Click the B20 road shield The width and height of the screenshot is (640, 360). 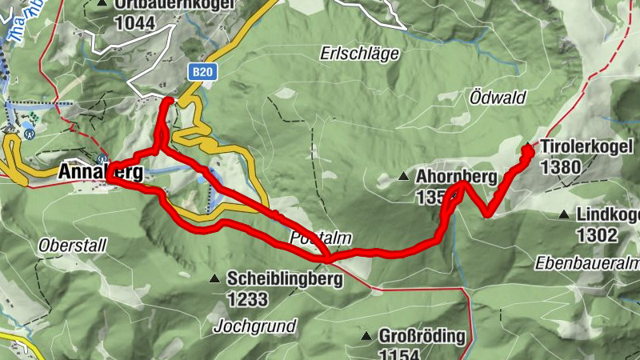[202, 72]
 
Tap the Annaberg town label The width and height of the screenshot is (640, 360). [101, 173]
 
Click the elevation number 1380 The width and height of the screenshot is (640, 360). [560, 166]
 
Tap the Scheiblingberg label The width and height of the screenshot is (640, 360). [285, 279]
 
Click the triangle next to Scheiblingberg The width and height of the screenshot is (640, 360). [214, 278]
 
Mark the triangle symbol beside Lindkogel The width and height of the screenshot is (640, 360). [564, 214]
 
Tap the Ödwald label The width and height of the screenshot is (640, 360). [497, 98]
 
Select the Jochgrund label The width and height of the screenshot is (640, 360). [255, 326]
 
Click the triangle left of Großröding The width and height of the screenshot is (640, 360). [367, 336]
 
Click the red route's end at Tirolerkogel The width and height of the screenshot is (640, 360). [528, 148]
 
